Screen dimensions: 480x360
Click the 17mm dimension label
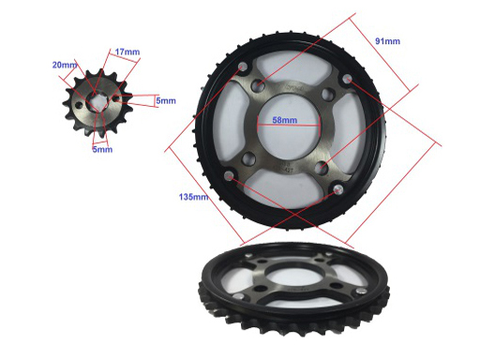click(x=127, y=52)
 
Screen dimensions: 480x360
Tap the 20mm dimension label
click(x=65, y=65)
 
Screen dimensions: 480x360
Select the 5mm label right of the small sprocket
click(x=166, y=100)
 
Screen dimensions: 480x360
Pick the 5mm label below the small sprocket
click(x=102, y=149)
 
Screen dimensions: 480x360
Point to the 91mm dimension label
click(x=387, y=41)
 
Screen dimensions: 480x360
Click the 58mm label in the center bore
click(x=285, y=120)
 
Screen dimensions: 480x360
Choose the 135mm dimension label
click(x=193, y=197)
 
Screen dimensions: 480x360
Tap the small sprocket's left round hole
click(x=80, y=105)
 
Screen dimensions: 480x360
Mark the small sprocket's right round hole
click(x=116, y=97)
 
